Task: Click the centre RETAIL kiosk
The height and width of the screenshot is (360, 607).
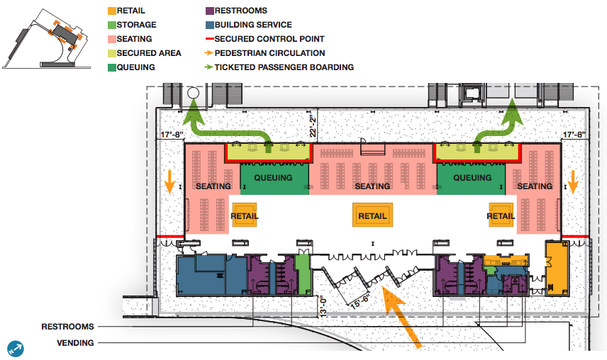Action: [x=372, y=216]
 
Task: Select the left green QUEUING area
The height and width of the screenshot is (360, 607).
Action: [x=273, y=177]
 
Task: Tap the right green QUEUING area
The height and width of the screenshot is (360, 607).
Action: [x=472, y=177]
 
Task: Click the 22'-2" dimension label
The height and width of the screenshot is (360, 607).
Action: [x=313, y=127]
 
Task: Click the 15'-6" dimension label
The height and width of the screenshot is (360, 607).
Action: [x=359, y=300]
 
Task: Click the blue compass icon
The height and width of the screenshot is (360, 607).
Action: [x=16, y=348]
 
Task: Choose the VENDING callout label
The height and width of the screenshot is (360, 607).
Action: [x=75, y=343]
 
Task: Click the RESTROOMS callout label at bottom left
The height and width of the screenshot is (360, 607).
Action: [x=67, y=327]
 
